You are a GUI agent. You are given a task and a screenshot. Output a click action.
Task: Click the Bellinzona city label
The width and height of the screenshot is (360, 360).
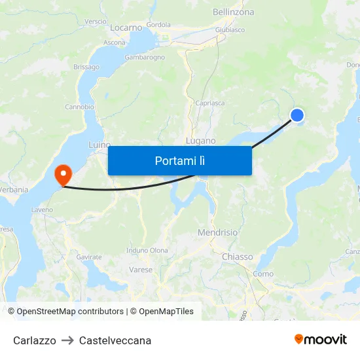pos(233,12)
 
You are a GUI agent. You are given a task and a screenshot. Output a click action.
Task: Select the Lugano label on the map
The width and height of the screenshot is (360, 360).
pos(200,141)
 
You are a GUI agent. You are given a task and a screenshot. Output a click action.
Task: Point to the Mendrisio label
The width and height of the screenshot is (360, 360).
pos(217,232)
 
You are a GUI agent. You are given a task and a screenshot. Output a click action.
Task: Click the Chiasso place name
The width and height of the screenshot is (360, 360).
pos(237,257)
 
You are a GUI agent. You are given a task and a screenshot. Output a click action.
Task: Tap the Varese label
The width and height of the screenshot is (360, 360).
pos(141,270)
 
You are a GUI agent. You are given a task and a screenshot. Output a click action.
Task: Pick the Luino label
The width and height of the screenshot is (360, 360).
pos(99,145)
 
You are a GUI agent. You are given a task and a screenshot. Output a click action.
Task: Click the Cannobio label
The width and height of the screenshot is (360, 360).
pos(79,107)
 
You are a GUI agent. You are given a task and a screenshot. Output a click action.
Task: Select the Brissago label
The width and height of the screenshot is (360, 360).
pos(86,67)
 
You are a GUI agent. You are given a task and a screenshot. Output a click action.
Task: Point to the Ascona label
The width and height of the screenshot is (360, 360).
pos(115,43)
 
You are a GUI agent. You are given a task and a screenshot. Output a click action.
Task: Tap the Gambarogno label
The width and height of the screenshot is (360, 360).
pos(145,58)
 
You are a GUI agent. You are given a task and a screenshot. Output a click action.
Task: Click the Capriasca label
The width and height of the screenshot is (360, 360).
pos(209,103)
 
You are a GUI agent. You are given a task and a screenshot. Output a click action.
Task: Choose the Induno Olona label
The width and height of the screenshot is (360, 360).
pos(147,250)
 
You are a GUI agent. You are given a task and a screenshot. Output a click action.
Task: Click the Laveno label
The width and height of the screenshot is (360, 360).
pos(42,210)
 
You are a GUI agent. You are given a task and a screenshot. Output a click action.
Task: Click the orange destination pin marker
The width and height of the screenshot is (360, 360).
pos(63,174)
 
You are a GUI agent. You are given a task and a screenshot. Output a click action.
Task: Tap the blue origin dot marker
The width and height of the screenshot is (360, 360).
pos(297,115)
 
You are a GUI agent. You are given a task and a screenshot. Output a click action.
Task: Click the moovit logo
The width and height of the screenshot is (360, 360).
pos(321,340)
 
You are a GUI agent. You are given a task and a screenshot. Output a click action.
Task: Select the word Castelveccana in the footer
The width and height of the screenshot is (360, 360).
pos(115,340)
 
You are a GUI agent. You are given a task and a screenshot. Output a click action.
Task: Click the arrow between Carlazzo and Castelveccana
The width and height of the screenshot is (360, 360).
pos(67,340)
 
